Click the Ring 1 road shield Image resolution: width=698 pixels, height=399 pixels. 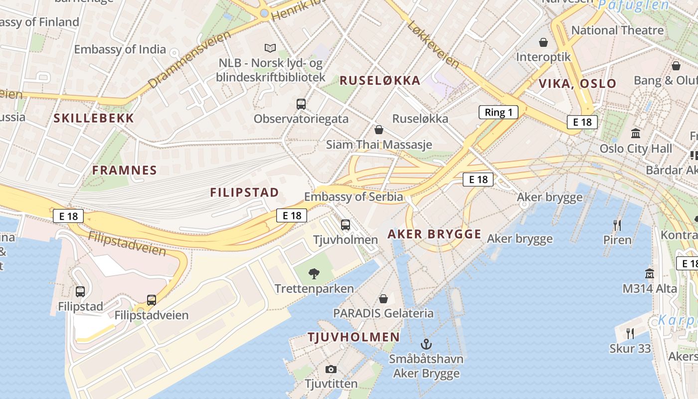coord(498,112)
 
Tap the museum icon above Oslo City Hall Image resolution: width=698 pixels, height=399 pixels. coord(636,134)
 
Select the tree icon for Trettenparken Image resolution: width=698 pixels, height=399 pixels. coord(314,273)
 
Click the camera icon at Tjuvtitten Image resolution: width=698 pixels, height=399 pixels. coord(331,369)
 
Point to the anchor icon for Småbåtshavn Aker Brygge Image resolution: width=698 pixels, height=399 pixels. coord(426,344)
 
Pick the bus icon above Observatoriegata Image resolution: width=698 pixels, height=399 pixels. coord(301,104)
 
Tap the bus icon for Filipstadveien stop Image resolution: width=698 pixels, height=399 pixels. coord(152,300)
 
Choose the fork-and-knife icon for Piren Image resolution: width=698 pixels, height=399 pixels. coord(617,225)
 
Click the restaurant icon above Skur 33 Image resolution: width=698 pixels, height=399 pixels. coord(630,333)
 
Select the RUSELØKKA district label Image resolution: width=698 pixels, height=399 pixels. coord(380,80)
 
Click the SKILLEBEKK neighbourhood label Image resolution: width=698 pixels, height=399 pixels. coord(94,118)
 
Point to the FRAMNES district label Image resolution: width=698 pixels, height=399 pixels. coord(125,170)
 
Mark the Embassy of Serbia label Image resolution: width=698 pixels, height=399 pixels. coord(353,197)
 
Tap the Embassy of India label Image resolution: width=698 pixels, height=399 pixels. coord(120,49)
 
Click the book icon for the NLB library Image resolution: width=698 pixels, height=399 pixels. coord(270,48)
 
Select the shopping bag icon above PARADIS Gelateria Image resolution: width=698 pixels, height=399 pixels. coord(383,299)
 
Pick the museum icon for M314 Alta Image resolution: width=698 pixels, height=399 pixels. coord(649,273)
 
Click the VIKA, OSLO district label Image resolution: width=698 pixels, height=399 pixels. coord(577,83)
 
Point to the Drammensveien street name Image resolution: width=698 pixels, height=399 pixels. coord(189,59)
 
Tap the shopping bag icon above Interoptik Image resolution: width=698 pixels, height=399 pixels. coord(543,42)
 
